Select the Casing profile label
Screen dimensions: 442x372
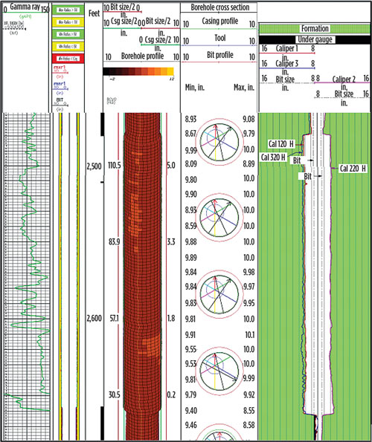click(x=219, y=23)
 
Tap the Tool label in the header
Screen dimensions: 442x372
click(x=219, y=39)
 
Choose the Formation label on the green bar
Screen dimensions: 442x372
click(x=315, y=28)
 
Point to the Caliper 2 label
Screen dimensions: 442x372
click(x=344, y=78)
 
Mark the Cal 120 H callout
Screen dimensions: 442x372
click(x=281, y=143)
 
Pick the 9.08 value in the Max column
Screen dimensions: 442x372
click(x=248, y=119)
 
